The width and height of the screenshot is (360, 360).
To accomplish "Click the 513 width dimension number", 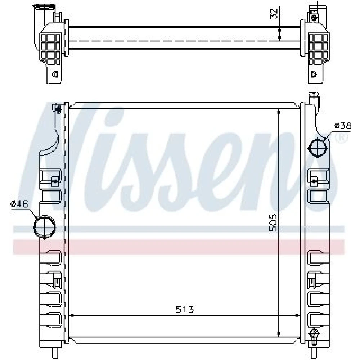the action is pyautogui.click(x=185, y=309).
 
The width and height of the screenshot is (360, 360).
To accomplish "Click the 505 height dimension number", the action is pyautogui.click(x=273, y=223).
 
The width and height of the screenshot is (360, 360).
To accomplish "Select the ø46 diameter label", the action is pyautogui.click(x=19, y=204).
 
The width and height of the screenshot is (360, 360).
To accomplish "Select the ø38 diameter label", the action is pyautogui.click(x=343, y=126).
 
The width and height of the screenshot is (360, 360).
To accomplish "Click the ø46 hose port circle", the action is pyautogui.click(x=45, y=227).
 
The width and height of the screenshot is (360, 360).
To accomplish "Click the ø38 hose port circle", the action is pyautogui.click(x=318, y=148).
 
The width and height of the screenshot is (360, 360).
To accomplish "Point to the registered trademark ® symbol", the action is pyautogui.click(x=342, y=138).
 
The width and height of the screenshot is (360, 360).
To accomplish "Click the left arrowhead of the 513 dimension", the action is pyautogui.click(x=72, y=315).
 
